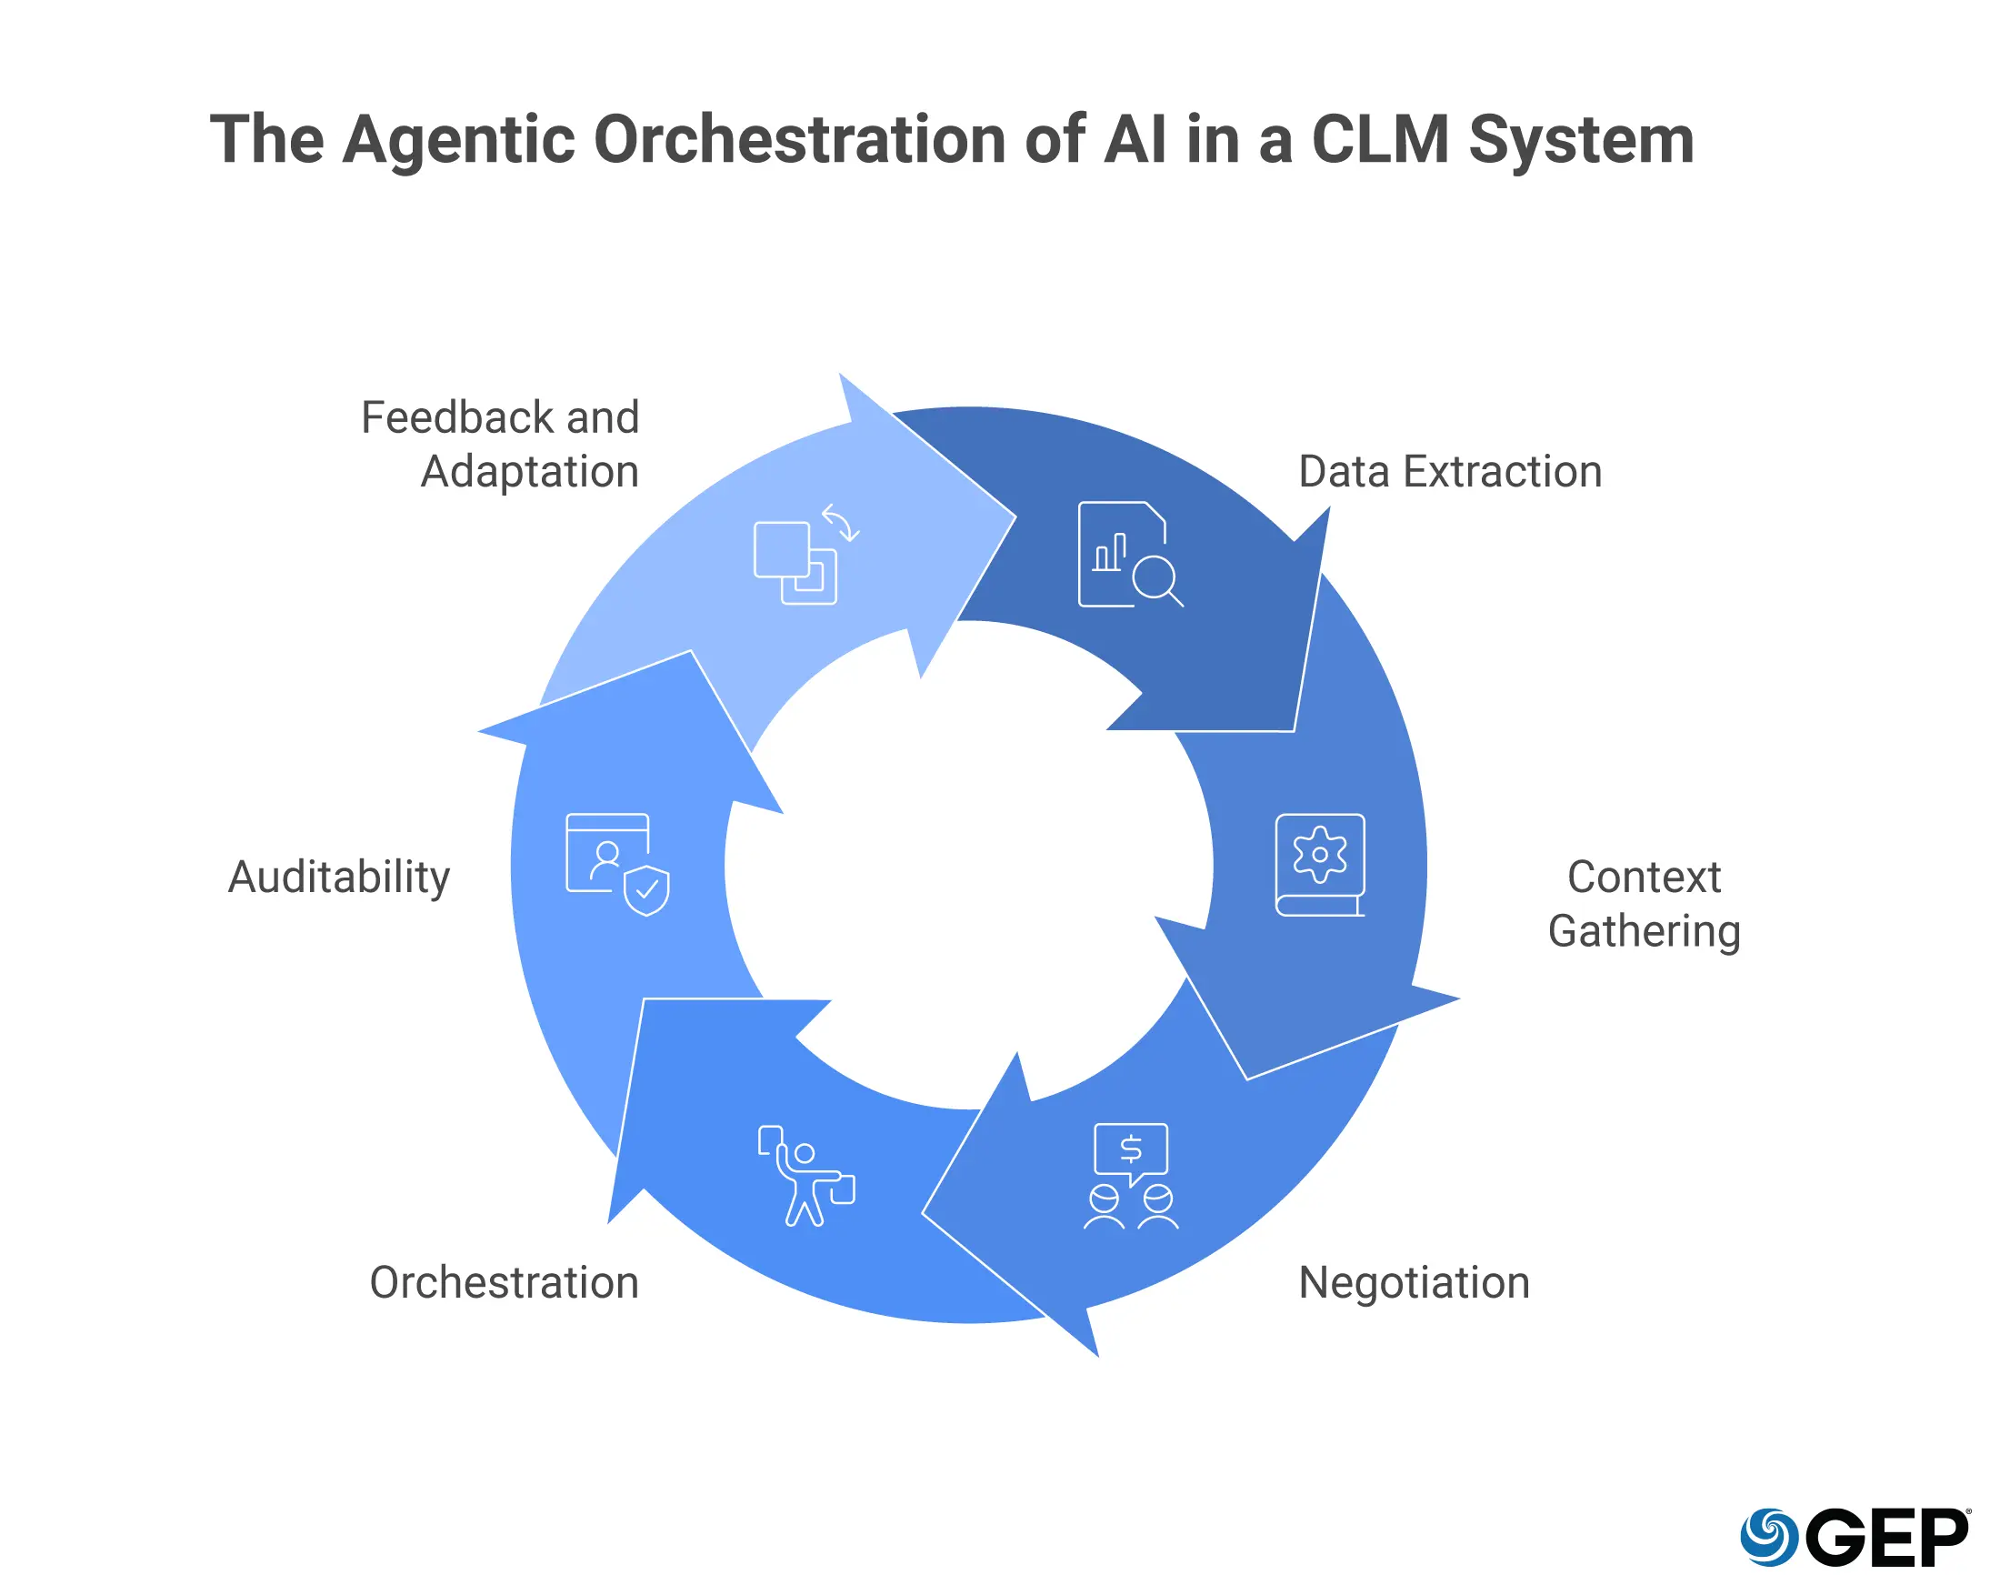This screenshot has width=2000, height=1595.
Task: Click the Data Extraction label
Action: click(x=1449, y=471)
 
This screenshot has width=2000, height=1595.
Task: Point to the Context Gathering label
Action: click(x=1643, y=903)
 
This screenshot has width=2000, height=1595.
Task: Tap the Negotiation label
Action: click(x=1413, y=1282)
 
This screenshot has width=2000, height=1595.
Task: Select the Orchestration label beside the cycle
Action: click(x=504, y=1282)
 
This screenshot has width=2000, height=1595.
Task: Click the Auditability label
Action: click(x=338, y=877)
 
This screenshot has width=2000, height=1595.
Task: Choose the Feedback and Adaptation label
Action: click(x=501, y=445)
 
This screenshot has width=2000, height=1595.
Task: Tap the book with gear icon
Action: click(x=1319, y=864)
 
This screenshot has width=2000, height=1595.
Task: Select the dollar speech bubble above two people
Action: click(x=1130, y=1151)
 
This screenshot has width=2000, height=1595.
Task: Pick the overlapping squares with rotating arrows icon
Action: click(x=804, y=556)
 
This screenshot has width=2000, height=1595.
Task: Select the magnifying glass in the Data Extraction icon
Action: click(x=1155, y=580)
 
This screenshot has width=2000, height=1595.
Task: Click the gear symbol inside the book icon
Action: click(x=1319, y=854)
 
